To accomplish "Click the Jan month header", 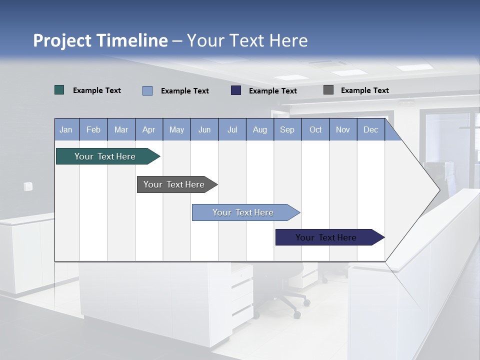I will [66, 129].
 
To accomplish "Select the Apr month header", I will [148, 129].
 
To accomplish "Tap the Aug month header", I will [259, 129].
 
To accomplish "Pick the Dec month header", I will [370, 129].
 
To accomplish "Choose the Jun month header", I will [204, 129].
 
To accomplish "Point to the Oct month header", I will [315, 129].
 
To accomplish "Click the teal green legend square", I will [59, 90].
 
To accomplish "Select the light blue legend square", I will [147, 90].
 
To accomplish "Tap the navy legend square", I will [236, 90].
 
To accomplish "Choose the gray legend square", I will [328, 90].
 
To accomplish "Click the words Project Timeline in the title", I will [100, 40].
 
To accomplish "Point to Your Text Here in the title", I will [247, 40].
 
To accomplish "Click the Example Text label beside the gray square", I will [364, 90].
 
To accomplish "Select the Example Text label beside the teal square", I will [96, 90].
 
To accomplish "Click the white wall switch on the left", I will [28, 186].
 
